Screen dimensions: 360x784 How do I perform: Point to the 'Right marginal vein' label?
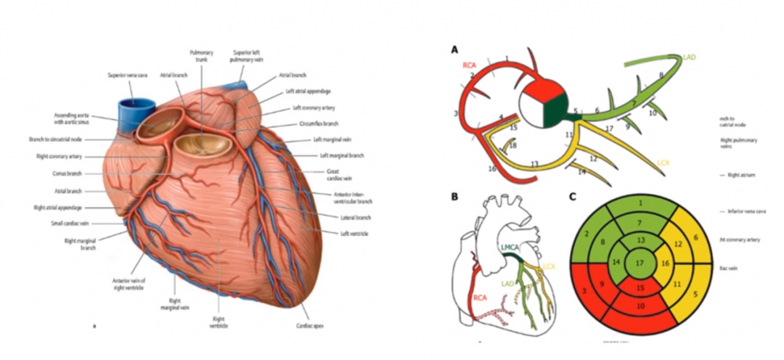tap(175, 303)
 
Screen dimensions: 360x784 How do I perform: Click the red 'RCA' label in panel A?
tap(473, 65)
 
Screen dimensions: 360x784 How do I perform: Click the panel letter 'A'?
tap(455, 50)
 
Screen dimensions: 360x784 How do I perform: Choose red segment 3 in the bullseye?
tap(585, 291)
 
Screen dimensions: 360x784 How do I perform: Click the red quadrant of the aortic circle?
tap(539, 94)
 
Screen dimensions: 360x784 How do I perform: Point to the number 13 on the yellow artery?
tap(534, 165)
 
